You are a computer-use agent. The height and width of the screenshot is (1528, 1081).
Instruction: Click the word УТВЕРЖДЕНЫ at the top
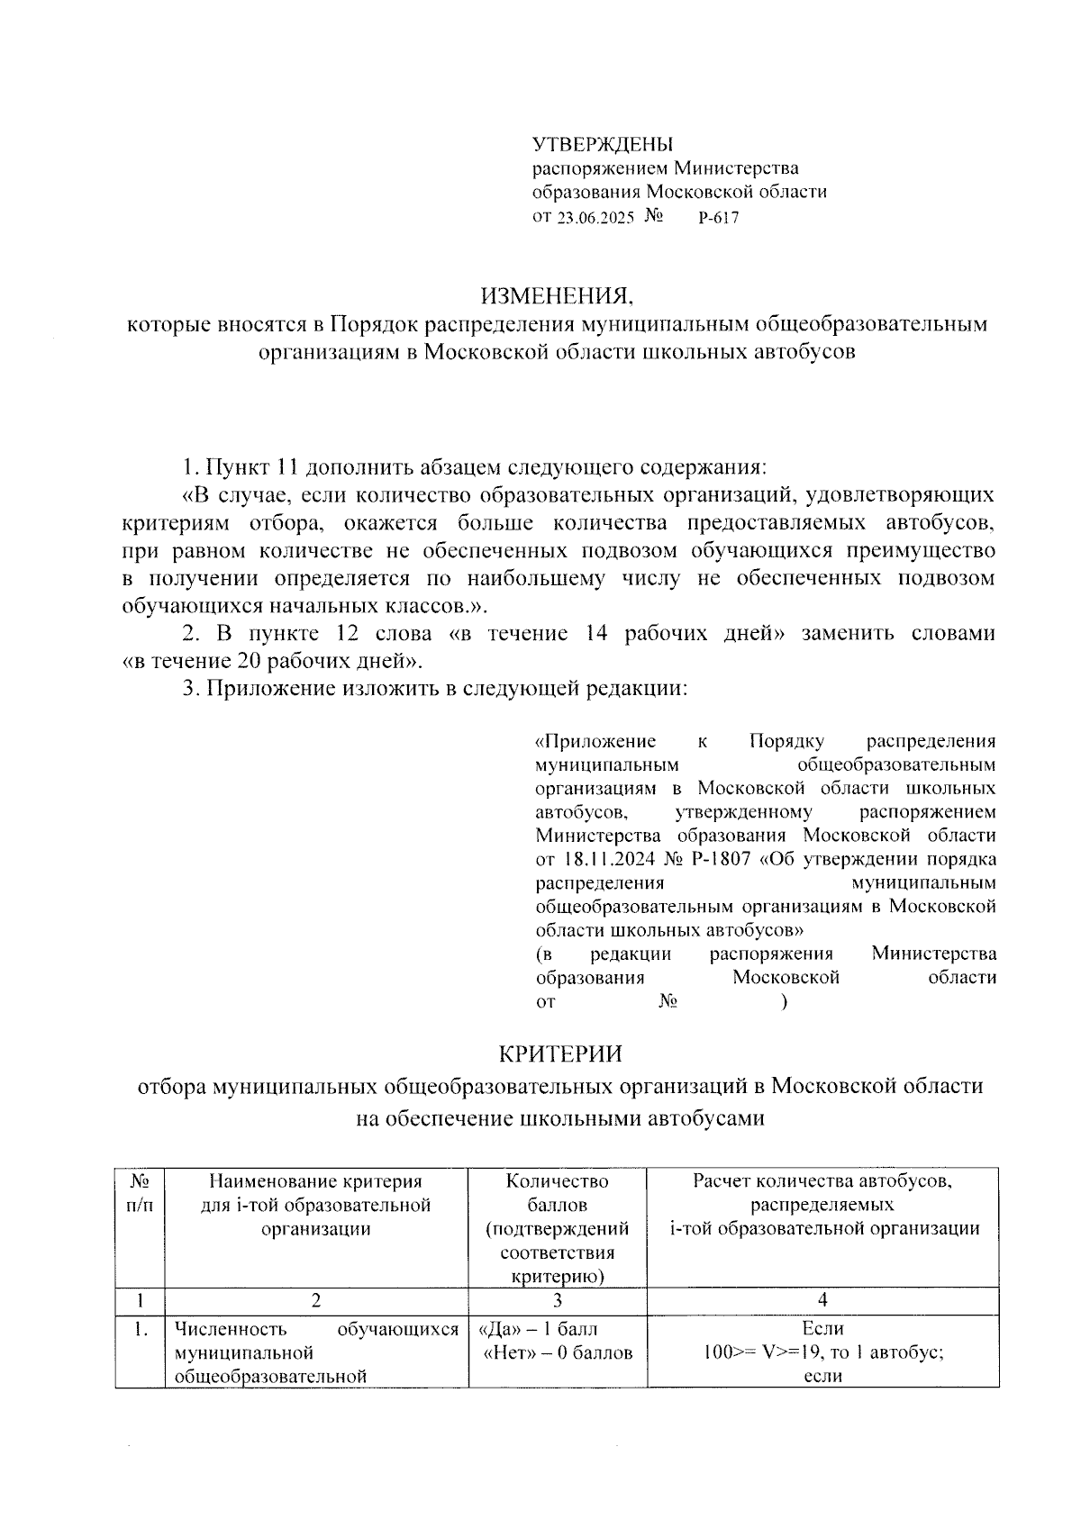coord(602,144)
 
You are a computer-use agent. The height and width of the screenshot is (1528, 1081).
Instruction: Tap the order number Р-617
coord(718,217)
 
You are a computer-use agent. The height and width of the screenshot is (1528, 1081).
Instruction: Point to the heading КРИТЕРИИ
coord(560,1053)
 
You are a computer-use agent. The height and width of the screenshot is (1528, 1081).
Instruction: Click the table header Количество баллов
coord(557,1192)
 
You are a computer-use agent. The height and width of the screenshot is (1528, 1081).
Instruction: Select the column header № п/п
coord(139,1192)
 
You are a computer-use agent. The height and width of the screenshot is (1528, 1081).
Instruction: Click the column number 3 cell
coord(557,1299)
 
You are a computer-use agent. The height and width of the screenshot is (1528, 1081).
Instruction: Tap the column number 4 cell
coord(822,1299)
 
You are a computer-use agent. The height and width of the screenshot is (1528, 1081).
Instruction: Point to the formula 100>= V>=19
coord(766,1352)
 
